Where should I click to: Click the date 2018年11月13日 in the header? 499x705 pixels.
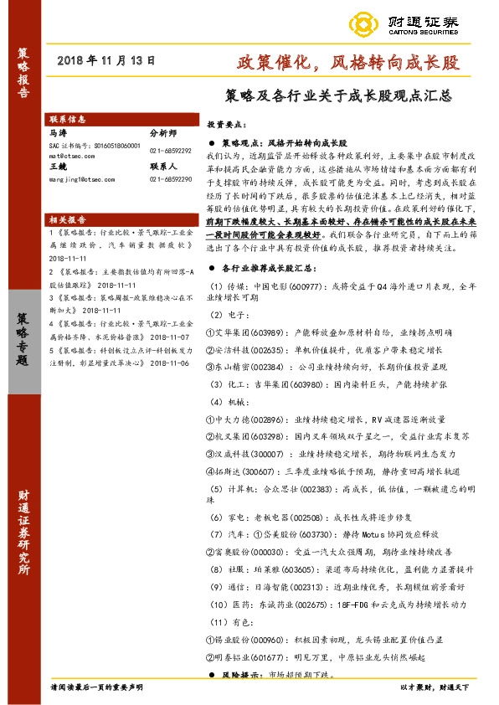[106, 61]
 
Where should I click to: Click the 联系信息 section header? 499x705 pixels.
[68, 119]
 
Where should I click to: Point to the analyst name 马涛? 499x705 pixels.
[58, 132]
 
